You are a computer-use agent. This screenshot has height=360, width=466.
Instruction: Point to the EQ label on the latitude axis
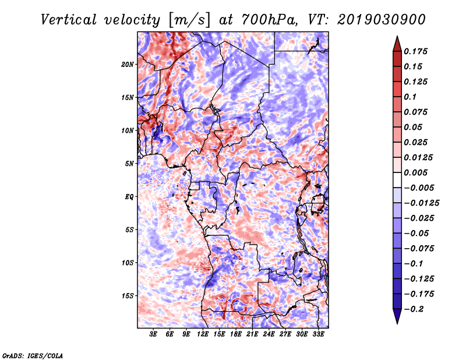coord(129,196)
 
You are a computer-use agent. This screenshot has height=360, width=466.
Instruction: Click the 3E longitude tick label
coord(154,335)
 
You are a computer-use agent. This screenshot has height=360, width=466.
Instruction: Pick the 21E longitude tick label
coord(252,335)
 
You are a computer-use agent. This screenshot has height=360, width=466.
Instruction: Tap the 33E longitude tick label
coord(318,335)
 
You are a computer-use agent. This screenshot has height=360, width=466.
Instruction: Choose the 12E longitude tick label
coord(203,335)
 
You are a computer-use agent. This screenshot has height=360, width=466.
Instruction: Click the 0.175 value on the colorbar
coord(416,51)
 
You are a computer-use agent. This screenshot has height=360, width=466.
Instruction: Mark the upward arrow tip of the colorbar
coord(397,37)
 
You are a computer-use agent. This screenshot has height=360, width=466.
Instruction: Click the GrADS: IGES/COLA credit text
coord(33,355)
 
